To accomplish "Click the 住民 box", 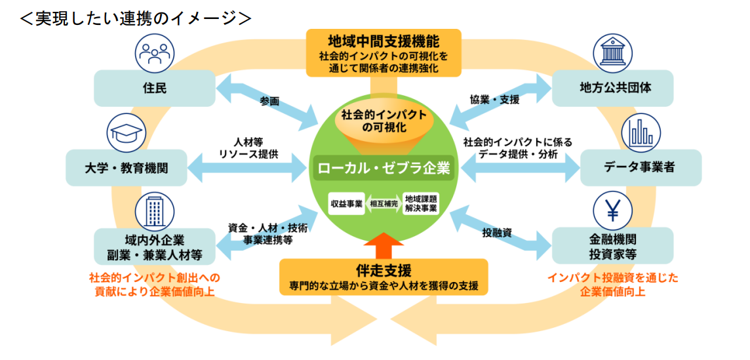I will coord(155,89).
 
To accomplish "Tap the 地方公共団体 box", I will coord(612,89).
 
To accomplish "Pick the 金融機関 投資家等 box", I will coord(612,245).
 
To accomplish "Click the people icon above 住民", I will coord(155,50).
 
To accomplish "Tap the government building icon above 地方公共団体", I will coord(612,50).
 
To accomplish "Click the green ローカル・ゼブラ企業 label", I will coord(384,168).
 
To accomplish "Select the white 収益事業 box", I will coord(347,203).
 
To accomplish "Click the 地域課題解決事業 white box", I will coord(420,203).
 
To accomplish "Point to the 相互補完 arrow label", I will coord(384,203).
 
